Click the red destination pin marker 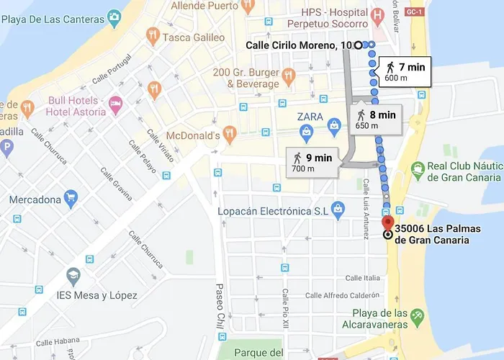[387, 222]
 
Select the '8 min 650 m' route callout [376, 120]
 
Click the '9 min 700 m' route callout [311, 162]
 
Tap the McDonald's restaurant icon [230, 132]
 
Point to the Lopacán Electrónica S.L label [274, 211]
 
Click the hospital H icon [377, 14]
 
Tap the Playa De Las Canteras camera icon [113, 16]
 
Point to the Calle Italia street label [363, 278]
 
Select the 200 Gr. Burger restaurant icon [288, 76]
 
